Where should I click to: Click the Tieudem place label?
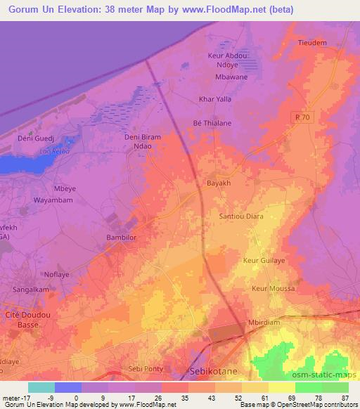point(312,43)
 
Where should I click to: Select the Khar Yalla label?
point(214,99)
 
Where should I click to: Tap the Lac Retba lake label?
point(53,151)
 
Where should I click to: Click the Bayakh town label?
point(219,183)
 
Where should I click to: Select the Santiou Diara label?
point(241,216)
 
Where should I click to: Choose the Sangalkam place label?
point(27,288)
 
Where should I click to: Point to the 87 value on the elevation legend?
point(345,397)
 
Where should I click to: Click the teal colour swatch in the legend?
point(41,387)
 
